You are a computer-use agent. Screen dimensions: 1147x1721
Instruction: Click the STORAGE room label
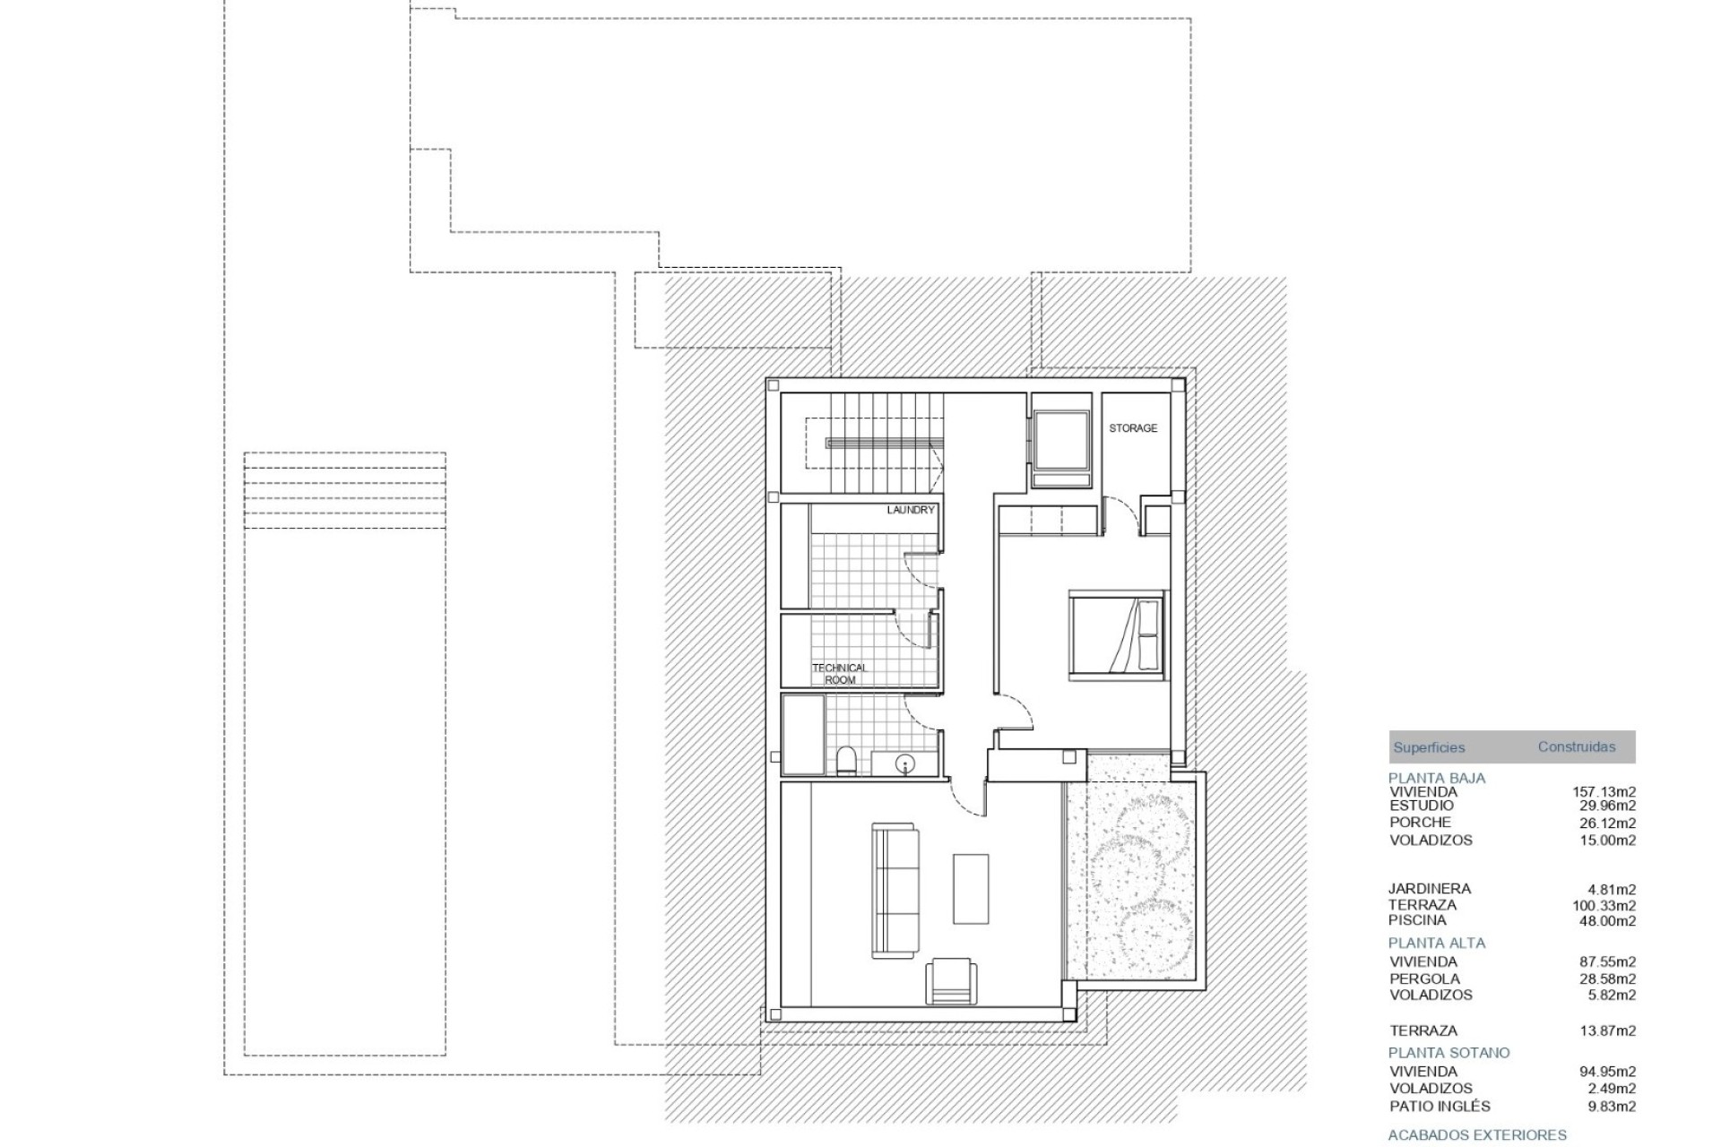tap(1133, 428)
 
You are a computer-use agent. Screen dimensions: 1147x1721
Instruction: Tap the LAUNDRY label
tap(911, 510)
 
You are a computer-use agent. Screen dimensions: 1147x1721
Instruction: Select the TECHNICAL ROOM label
tap(839, 674)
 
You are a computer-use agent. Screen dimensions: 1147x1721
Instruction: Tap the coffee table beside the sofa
tap(971, 888)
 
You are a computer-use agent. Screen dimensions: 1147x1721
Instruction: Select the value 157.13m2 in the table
tap(1604, 791)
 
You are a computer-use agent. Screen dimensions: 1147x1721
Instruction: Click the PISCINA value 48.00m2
tap(1607, 920)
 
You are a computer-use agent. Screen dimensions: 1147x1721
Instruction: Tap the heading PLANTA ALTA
tap(1437, 943)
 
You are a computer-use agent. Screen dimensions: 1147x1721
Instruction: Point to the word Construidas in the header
tap(1577, 746)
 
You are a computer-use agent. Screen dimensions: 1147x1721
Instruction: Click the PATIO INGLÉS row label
tap(1432, 1106)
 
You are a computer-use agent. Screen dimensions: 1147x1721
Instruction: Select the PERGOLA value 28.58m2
tap(1607, 979)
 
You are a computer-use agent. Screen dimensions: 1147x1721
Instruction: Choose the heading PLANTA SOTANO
tap(1449, 1052)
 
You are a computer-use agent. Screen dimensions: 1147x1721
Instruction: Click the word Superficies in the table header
tap(1429, 747)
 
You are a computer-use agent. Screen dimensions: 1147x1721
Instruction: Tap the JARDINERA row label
tap(1430, 888)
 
